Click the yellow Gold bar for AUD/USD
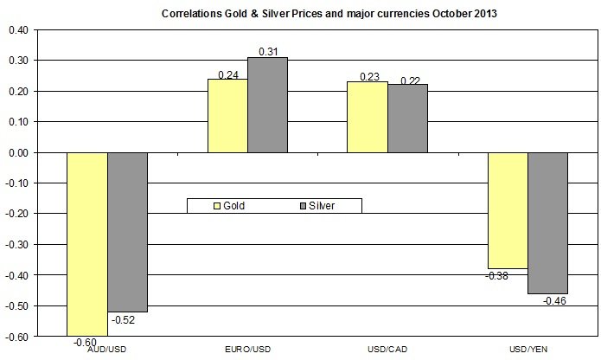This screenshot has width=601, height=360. coord(86,243)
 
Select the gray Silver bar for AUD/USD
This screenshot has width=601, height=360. coord(127,232)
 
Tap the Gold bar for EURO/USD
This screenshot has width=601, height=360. coord(228,116)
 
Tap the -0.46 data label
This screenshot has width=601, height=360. coord(553,300)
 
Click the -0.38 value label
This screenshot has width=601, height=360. coord(500,276)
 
